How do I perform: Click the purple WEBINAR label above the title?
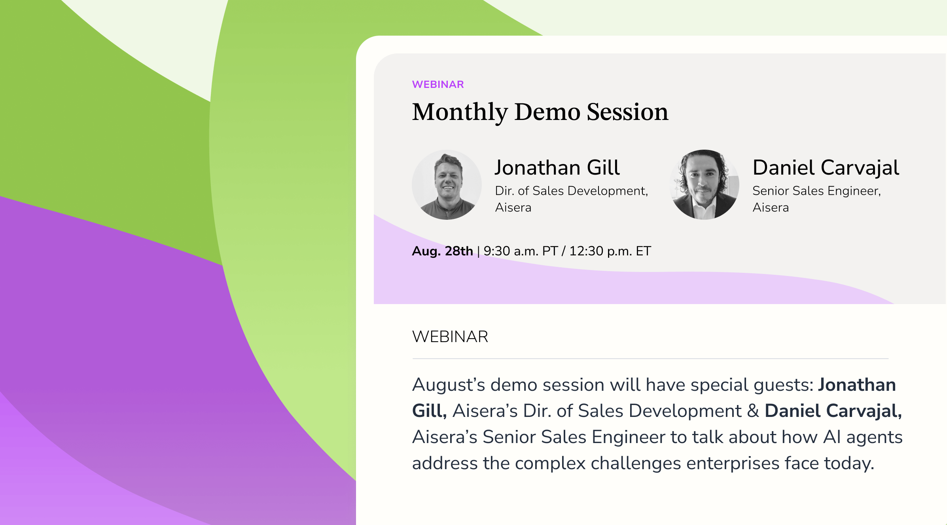(x=438, y=84)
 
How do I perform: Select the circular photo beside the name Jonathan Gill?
(x=447, y=185)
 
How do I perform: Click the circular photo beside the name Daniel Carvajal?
(x=705, y=185)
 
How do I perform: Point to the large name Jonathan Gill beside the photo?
(x=557, y=167)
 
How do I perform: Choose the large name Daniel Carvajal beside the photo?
(x=826, y=167)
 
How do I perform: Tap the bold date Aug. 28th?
(x=443, y=251)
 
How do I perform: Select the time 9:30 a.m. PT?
(x=521, y=251)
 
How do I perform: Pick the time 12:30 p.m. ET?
(x=610, y=251)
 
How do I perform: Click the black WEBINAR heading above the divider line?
(x=450, y=337)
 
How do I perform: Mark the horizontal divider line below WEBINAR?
(x=650, y=359)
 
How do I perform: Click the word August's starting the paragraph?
(x=449, y=385)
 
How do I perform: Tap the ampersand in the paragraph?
(x=753, y=411)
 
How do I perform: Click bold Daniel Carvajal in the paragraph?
(x=833, y=411)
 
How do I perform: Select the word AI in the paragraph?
(x=832, y=437)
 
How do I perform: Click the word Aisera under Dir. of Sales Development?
(x=513, y=207)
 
